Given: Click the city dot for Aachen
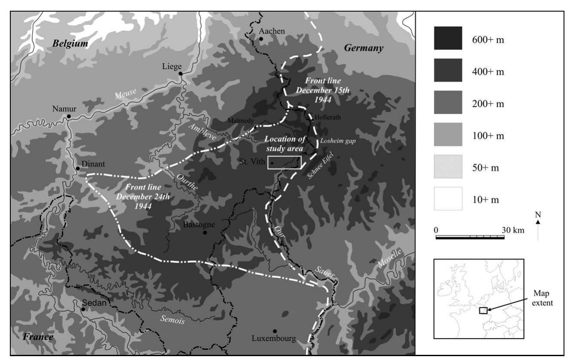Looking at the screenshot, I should pos(261,39).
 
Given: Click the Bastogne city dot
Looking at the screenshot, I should pos(205,233).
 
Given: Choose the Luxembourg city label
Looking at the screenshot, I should pos(275,339).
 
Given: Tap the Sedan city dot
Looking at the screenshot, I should pos(82,309).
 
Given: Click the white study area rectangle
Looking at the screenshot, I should pos(284,163).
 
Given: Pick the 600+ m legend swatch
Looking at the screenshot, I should pos(448,38).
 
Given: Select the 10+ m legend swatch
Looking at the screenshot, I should pos(448,198).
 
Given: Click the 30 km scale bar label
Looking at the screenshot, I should pos(513,230).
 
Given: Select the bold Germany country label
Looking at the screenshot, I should pos(364,49).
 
